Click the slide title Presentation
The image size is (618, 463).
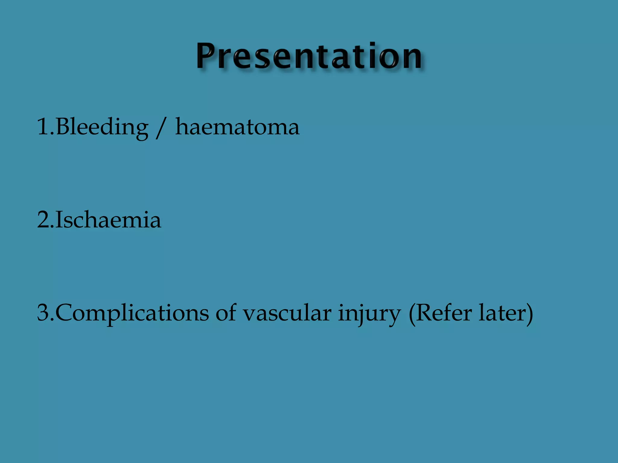point(309,56)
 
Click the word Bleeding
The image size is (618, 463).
point(102,127)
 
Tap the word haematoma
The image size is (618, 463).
point(237,127)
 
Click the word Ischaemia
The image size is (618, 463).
point(108,220)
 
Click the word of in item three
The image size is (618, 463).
point(225,313)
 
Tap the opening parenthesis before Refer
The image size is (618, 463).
point(412,313)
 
